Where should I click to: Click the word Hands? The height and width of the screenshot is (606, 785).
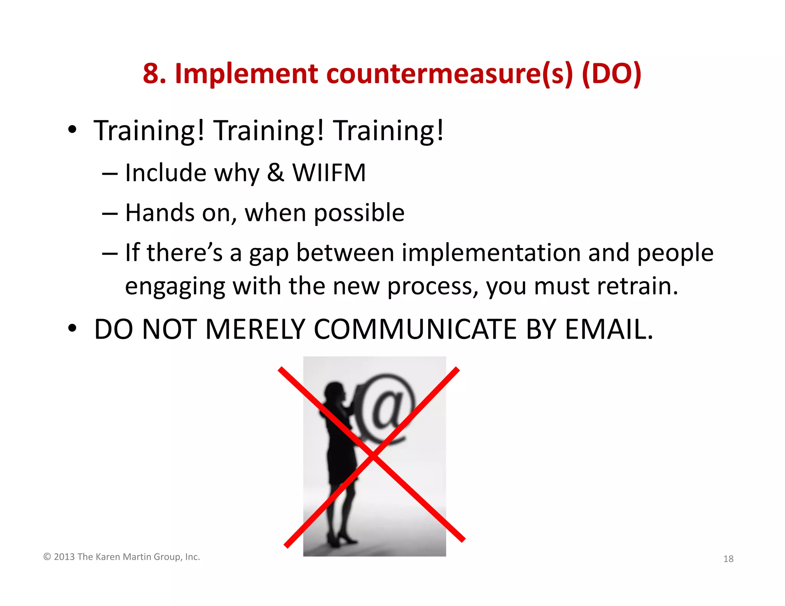(160, 213)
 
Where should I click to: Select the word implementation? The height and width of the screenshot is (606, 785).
(491, 253)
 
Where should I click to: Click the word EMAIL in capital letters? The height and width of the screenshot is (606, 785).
(609, 329)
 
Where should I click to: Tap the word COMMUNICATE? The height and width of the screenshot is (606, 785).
(415, 329)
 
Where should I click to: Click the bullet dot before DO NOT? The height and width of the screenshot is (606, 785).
(72, 329)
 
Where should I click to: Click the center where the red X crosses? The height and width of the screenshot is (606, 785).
(373, 455)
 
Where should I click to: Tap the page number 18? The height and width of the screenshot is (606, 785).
(728, 559)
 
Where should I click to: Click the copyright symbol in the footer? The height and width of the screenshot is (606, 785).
(47, 557)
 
